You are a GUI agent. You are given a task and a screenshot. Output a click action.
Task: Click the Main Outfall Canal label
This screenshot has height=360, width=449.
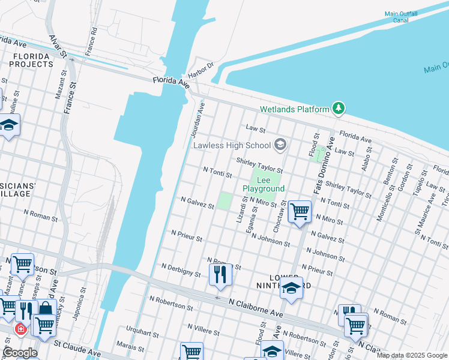[405, 16]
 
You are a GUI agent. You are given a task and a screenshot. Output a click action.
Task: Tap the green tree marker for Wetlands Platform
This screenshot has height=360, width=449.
[339, 108]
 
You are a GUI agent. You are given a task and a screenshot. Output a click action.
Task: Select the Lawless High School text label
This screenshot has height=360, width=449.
[232, 145]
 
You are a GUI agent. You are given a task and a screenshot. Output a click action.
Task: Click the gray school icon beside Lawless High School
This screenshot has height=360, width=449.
[280, 145]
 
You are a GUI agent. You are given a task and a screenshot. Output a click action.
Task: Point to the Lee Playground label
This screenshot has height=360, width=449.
[264, 184]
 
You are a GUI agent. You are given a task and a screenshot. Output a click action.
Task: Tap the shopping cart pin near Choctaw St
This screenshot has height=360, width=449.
[299, 211]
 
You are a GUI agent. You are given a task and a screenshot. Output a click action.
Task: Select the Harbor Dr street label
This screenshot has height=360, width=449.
[201, 70]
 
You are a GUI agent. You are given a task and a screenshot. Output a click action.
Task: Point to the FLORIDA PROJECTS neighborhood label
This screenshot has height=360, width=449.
[31, 60]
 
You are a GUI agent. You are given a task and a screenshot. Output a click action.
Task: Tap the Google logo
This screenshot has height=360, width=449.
[19, 352]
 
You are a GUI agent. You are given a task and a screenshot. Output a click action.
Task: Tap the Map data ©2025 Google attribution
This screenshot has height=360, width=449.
[411, 355]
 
